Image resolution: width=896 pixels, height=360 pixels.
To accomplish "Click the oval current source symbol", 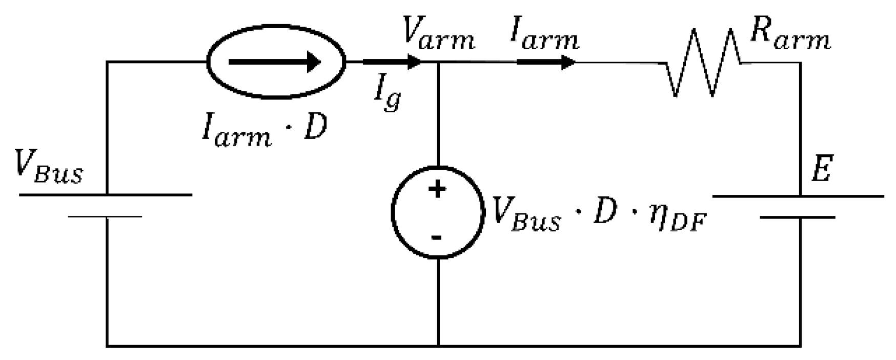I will [x=276, y=62].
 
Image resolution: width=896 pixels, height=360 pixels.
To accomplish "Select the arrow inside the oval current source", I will [x=274, y=63].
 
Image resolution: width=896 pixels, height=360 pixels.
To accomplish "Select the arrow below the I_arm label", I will [x=546, y=63].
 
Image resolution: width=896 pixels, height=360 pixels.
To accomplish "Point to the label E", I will [x=821, y=171].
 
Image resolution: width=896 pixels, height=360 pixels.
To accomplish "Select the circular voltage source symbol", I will [x=437, y=212].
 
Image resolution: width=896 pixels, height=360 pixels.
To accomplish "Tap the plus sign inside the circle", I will [x=437, y=190].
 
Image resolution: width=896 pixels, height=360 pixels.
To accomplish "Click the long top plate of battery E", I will [x=799, y=196].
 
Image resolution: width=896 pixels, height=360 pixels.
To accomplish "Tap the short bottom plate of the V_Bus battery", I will [x=106, y=217].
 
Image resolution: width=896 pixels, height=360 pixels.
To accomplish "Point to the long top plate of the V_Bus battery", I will [x=106, y=195].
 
